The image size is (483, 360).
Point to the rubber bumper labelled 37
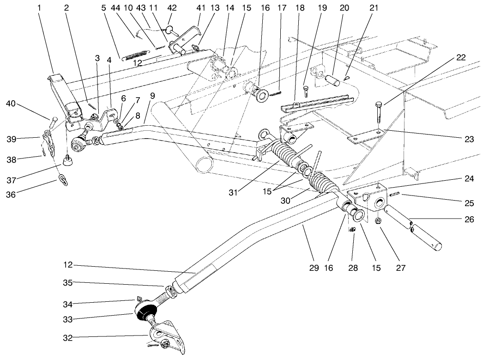point(68,160)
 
